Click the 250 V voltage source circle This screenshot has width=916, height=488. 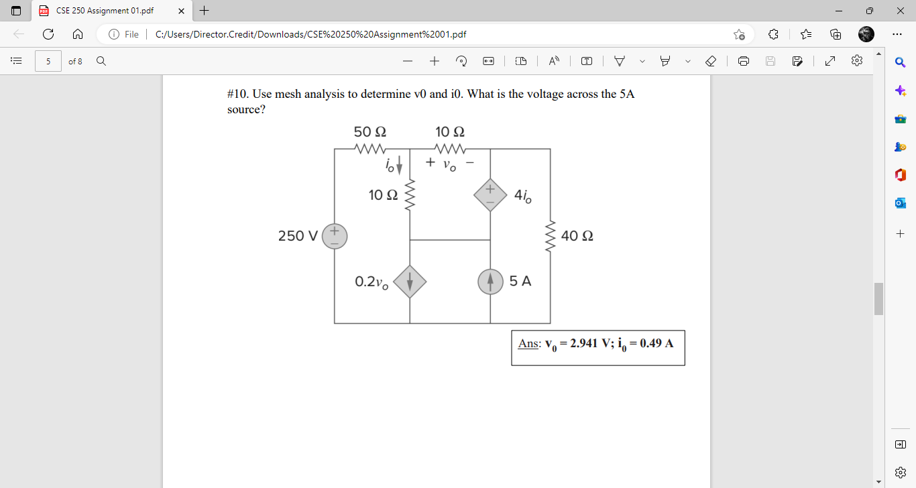tap(335, 237)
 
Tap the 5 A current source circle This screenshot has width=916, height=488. tap(490, 282)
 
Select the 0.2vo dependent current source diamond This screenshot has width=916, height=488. tap(410, 282)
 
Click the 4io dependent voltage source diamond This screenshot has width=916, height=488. tap(490, 195)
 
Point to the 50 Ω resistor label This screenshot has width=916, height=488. tap(369, 131)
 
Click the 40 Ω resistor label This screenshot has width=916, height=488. tap(577, 236)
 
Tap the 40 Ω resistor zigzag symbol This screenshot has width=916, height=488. tap(551, 236)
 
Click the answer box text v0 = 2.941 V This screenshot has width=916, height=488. tap(577, 344)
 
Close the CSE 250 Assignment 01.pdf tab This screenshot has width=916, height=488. tap(180, 11)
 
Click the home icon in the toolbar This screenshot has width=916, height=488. tap(78, 34)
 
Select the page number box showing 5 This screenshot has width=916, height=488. tap(48, 61)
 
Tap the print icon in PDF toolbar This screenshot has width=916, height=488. tap(744, 61)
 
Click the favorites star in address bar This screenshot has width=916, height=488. tap(739, 34)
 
